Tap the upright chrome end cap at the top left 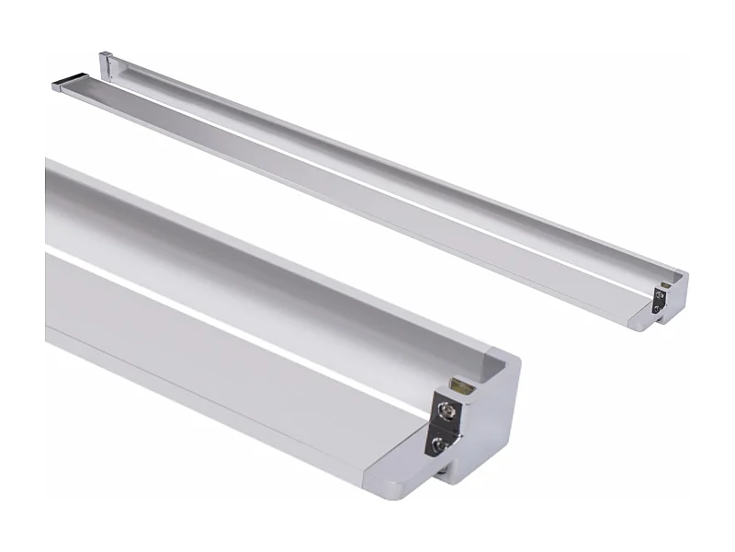tap(107, 64)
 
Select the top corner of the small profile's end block tap(681, 273)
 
